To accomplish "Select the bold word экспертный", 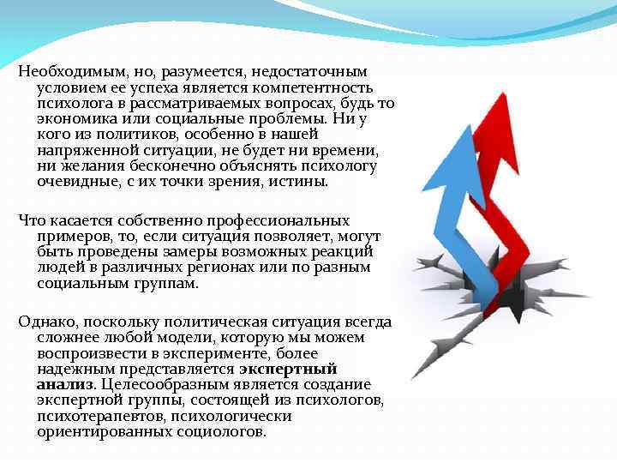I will click(x=282, y=369).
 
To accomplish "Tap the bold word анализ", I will click(x=65, y=384).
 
